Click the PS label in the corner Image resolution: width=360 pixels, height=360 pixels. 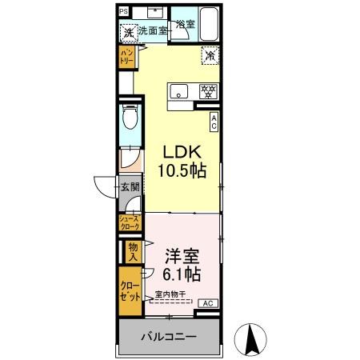(x=123, y=10)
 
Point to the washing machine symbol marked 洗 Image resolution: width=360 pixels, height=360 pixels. (x=127, y=34)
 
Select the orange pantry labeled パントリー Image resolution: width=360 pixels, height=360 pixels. (x=126, y=57)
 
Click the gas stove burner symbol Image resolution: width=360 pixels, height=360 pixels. (x=206, y=90)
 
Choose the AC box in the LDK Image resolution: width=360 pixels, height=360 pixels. (x=214, y=120)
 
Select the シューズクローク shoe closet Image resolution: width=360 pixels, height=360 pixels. (x=129, y=223)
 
